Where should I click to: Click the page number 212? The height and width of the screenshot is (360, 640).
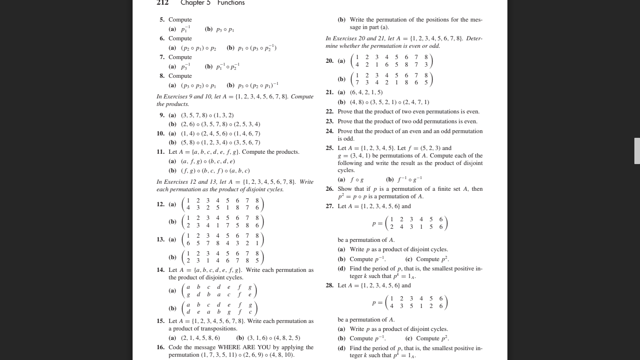point(162,3)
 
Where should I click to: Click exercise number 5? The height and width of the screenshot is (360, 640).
point(162,20)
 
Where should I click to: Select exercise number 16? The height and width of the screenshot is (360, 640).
point(160,347)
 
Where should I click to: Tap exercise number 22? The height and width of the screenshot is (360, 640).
point(329,112)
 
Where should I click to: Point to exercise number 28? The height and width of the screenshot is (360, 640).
point(329,285)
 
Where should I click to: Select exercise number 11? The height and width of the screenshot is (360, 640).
point(160,152)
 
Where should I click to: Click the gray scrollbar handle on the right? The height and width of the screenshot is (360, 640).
point(637,150)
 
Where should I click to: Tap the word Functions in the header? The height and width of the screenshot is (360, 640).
point(231,3)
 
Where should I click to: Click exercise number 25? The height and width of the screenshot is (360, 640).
point(329,148)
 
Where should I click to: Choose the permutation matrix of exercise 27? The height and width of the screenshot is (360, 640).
point(417,223)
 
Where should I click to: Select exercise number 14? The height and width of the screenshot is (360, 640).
point(160,270)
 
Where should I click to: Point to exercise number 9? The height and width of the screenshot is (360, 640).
point(162,115)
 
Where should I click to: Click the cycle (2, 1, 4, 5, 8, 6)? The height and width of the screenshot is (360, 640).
point(201,337)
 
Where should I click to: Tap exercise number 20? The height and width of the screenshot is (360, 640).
point(329,61)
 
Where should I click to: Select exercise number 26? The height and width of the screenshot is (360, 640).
point(329,189)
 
